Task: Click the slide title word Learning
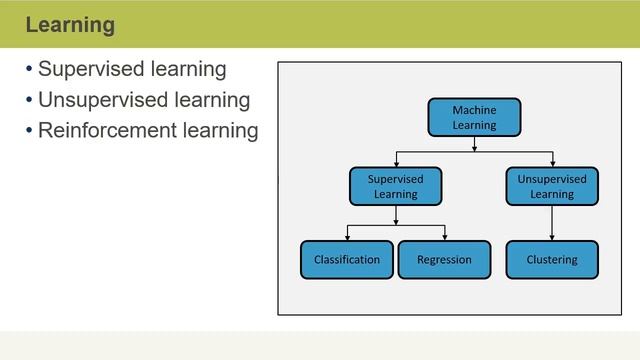click(70, 24)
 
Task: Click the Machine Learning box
click(474, 118)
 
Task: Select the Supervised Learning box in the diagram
click(396, 186)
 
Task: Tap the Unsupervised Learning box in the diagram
click(552, 186)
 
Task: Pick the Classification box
click(347, 260)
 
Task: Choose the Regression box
click(444, 260)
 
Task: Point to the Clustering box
click(552, 260)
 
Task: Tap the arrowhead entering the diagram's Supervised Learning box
click(396, 163)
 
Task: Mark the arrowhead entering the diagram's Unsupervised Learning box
click(552, 163)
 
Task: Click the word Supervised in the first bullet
click(88, 70)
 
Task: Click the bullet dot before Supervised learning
click(29, 70)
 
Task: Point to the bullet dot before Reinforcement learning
click(29, 130)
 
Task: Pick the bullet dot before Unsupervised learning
click(29, 100)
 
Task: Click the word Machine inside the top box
click(474, 110)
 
